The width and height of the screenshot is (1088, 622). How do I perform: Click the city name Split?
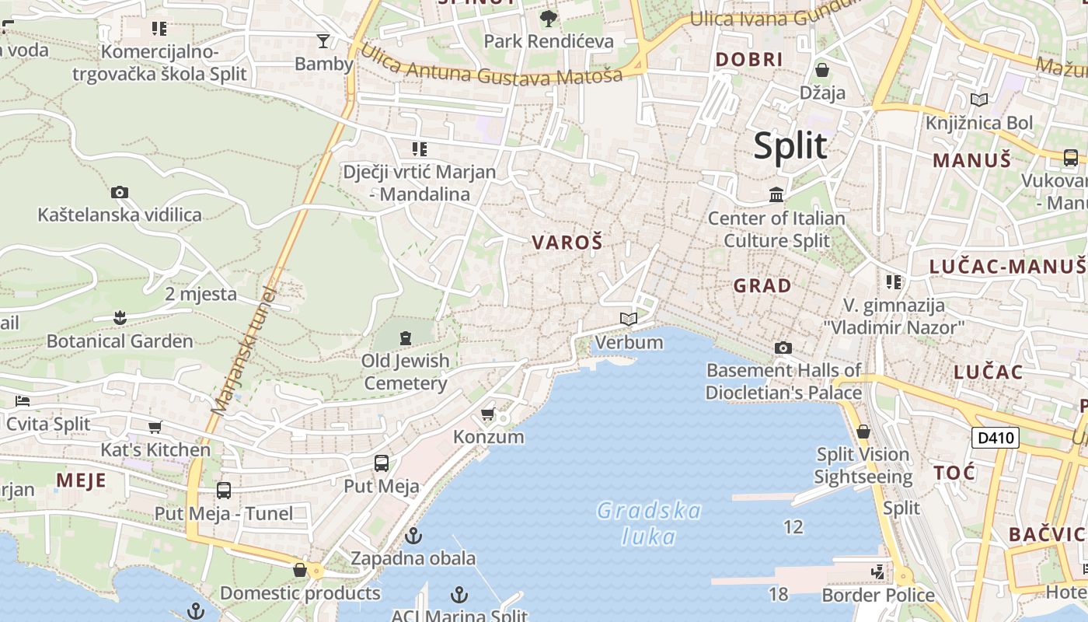[x=790, y=145]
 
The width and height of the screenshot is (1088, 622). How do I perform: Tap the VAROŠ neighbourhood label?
[x=567, y=243]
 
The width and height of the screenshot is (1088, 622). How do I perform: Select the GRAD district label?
[x=762, y=285]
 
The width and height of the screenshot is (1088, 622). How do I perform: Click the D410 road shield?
[x=995, y=438]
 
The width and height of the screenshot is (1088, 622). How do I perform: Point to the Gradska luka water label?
[x=649, y=523]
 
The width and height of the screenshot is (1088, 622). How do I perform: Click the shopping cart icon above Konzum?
[x=488, y=414]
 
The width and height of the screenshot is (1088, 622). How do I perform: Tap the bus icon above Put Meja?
[x=382, y=463]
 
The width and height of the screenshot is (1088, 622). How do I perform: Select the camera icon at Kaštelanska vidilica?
[x=120, y=192]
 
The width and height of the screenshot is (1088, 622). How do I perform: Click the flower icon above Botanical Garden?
[x=120, y=317]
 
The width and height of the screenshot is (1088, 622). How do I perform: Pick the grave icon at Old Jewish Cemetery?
[x=405, y=338]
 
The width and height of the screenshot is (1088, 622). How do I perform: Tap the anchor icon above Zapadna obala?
[x=413, y=536]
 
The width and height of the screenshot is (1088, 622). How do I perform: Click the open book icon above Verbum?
[x=629, y=319]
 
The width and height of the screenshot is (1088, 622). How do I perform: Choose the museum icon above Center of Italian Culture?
[x=776, y=194]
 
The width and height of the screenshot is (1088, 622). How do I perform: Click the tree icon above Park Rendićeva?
[x=549, y=18]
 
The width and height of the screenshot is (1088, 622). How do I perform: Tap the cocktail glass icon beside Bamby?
[x=323, y=40]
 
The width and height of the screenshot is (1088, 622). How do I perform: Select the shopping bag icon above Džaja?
[x=822, y=70]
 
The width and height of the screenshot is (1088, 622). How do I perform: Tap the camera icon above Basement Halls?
[x=783, y=348]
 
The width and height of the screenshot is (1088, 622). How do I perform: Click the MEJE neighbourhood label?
[x=81, y=480]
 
